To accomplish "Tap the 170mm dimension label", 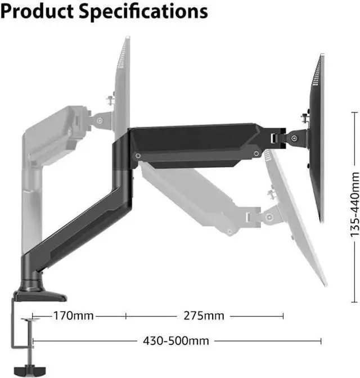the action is tap(73, 316).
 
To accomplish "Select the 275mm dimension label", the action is tap(204, 316).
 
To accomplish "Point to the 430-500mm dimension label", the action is tap(168, 341).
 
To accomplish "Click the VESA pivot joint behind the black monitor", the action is tap(294, 137).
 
